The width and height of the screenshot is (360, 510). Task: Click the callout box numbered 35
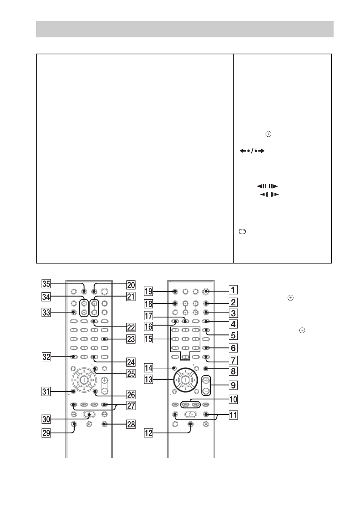tap(46, 284)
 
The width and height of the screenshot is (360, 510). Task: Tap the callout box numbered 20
tap(131, 285)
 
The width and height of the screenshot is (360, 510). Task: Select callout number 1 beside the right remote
tap(233, 290)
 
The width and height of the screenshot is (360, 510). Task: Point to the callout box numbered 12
tap(148, 433)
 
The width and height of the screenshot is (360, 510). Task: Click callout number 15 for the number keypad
tap(148, 339)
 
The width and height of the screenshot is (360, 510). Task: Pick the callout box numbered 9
tap(233, 385)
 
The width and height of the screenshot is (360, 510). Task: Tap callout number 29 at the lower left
tap(46, 433)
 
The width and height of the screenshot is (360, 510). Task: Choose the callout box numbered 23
tap(131, 339)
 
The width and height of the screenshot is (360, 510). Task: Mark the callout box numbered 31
tap(46, 391)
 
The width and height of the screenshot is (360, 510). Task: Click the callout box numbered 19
tap(148, 291)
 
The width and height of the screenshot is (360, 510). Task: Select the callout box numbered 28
tap(131, 424)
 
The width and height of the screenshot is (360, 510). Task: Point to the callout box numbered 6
tap(233, 348)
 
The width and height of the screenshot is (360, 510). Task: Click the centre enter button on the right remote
tap(186, 379)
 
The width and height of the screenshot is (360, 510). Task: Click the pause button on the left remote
tap(89, 424)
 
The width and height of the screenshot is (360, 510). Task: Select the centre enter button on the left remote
tap(84, 379)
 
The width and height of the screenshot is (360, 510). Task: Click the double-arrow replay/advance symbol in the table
tap(252, 151)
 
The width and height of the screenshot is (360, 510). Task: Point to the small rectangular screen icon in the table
tap(242, 232)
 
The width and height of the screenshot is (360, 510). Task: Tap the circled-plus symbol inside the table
tap(269, 134)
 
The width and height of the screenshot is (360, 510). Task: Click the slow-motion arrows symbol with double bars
tap(268, 186)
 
